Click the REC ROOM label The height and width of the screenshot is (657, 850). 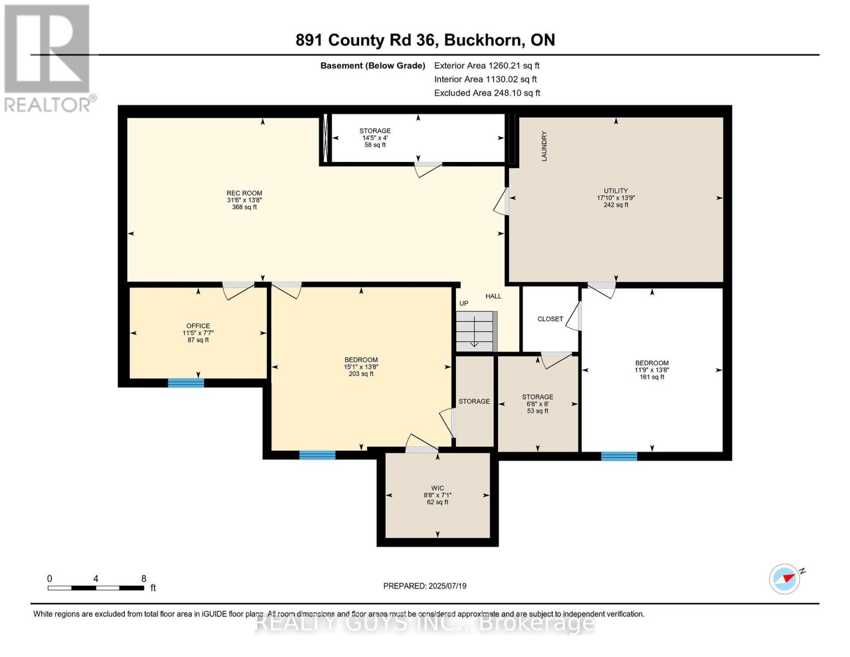244,193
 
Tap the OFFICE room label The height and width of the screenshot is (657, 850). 198,326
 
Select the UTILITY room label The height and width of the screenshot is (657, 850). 616,191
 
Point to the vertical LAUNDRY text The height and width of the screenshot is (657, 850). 544,146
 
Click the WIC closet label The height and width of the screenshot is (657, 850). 437,488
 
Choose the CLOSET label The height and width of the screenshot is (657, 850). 550,319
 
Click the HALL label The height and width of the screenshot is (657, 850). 493,296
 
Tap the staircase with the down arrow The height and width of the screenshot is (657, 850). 475,332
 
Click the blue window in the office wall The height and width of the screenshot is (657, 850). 186,383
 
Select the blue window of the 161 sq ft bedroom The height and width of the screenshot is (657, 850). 619,456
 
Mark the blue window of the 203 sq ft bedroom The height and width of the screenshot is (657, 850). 317,455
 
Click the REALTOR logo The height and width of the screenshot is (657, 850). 48,58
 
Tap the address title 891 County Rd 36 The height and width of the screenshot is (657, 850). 425,40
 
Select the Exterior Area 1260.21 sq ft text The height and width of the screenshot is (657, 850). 487,66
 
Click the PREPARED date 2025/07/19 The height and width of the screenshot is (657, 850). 425,586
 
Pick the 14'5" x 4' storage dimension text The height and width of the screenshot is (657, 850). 375,138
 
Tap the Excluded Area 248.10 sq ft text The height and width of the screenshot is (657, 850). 487,93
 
